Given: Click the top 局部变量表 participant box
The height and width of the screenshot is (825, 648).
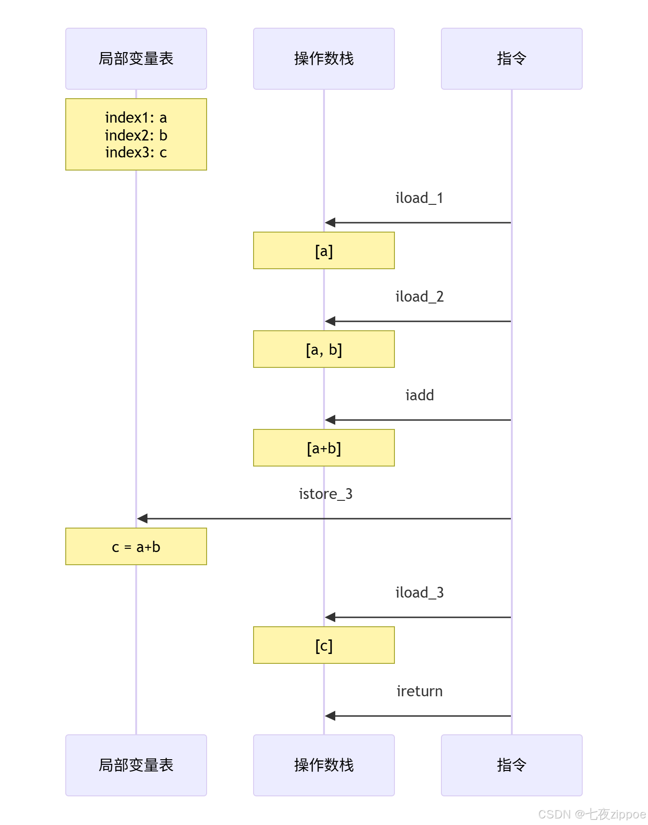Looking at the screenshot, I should [x=136, y=59].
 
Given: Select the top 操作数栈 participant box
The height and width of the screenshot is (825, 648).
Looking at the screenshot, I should [x=324, y=59].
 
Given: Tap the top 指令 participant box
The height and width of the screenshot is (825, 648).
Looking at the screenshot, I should [x=511, y=59].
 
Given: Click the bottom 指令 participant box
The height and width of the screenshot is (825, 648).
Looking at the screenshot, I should [x=511, y=765].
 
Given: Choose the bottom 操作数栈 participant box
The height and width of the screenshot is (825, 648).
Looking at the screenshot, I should [x=324, y=765].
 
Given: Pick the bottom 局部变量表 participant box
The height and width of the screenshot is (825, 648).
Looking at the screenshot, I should [x=136, y=765].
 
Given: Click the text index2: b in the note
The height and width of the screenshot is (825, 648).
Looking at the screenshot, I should [x=136, y=135].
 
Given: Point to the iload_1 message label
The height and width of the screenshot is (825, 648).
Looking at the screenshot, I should [x=419, y=198].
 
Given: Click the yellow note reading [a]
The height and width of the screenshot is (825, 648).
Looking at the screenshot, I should [x=324, y=251].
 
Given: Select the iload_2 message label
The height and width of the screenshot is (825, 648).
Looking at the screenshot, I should [x=419, y=297].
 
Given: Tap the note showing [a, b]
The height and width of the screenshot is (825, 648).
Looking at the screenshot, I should [x=324, y=350].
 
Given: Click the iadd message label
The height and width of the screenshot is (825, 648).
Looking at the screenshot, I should [x=419, y=396].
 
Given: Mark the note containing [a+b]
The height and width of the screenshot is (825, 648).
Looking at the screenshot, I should [x=324, y=448].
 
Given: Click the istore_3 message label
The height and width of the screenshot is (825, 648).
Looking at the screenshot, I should [x=325, y=494].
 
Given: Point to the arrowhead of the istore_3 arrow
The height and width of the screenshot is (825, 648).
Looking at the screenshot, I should [x=142, y=519].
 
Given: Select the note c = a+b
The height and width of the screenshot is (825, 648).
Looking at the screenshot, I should [x=136, y=547].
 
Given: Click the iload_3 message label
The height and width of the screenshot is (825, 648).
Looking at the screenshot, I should [x=419, y=593].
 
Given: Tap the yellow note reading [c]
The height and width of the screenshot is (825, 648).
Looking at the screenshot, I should [x=324, y=646].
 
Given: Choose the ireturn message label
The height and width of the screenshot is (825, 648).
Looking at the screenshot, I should [x=419, y=692].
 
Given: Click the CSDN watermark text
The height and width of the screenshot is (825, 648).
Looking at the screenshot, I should [x=592, y=814].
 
